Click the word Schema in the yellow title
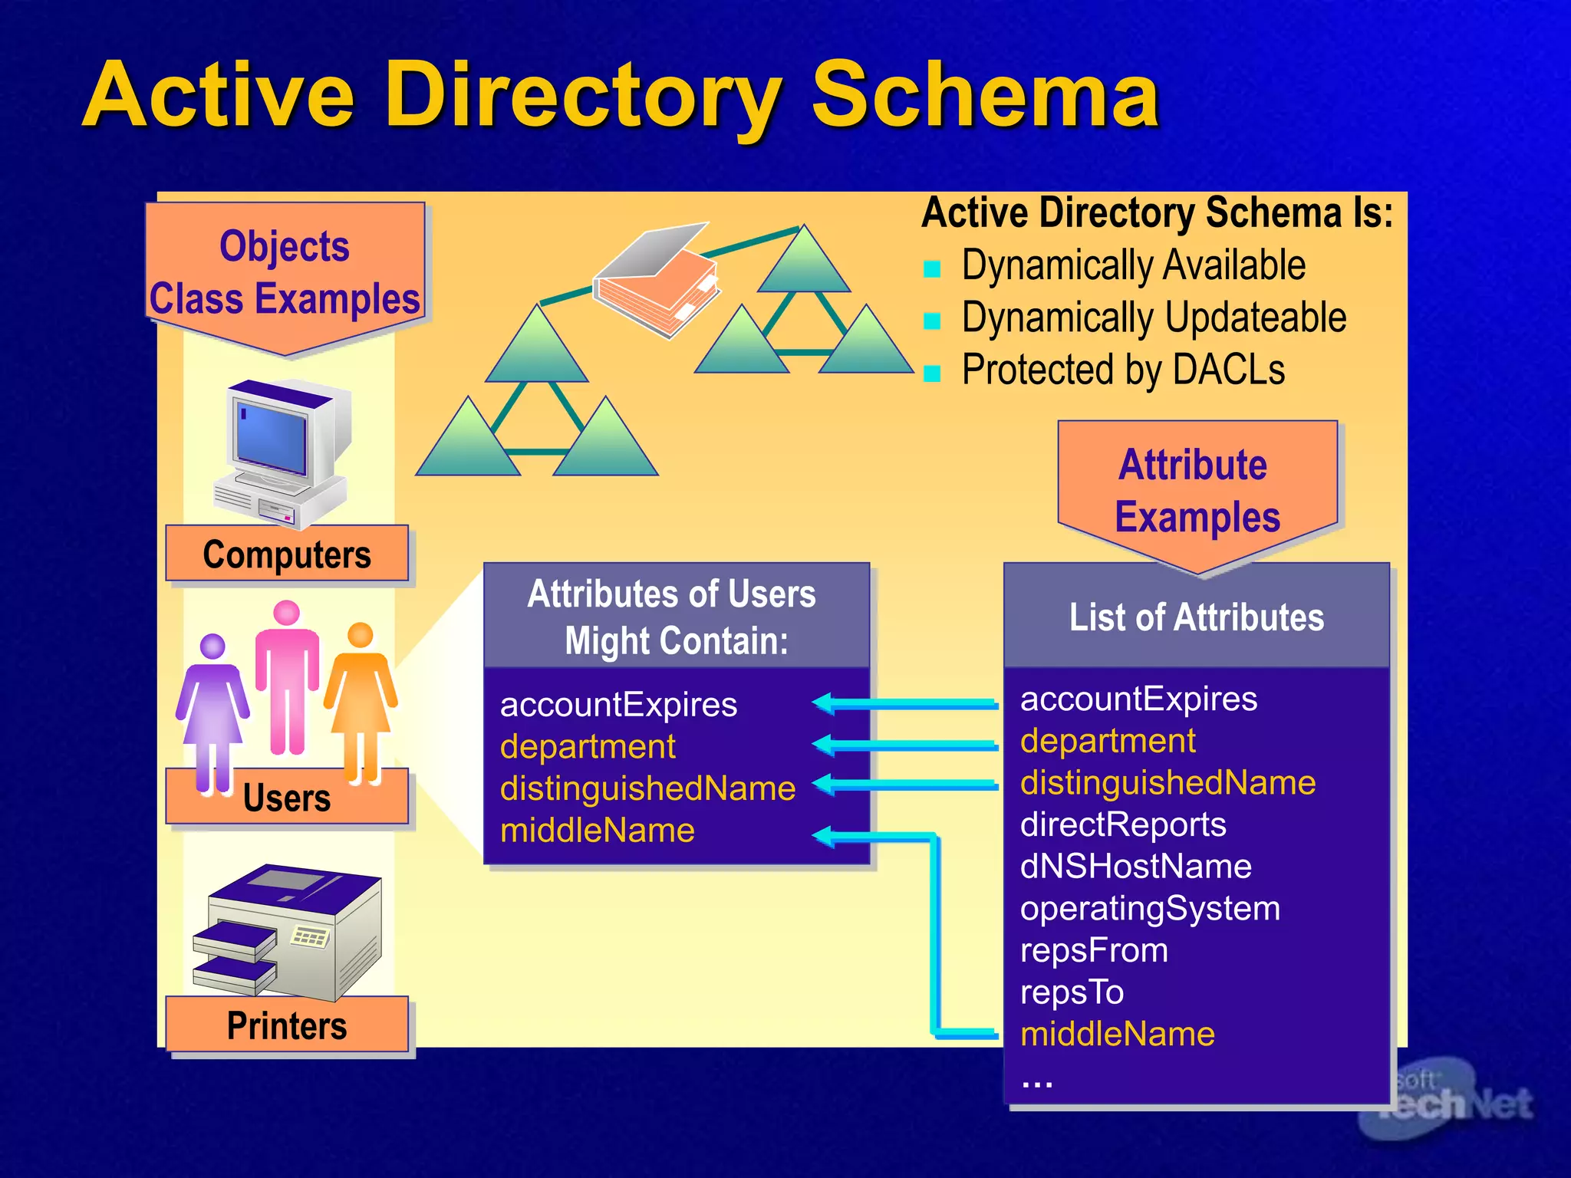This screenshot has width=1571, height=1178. (985, 96)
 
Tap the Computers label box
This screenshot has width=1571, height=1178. (287, 554)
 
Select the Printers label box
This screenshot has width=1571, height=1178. (287, 1025)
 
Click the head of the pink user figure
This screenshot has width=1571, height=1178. (286, 613)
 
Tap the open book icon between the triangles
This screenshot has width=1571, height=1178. (658, 280)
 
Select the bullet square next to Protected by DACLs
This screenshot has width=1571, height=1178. (932, 373)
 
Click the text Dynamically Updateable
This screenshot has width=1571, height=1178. (1153, 318)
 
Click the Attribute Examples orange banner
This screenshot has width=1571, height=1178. (1197, 491)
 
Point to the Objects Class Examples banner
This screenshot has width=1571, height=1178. (285, 273)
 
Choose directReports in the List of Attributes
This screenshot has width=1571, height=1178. (1123, 824)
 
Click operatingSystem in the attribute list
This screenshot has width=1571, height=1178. (1150, 909)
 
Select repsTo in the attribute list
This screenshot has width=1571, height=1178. (1072, 992)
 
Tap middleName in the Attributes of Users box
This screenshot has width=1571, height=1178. (597, 831)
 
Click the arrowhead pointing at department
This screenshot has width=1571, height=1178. (823, 744)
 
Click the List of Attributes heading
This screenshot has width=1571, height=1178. (1197, 617)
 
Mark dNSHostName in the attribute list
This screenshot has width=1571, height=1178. (1135, 867)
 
